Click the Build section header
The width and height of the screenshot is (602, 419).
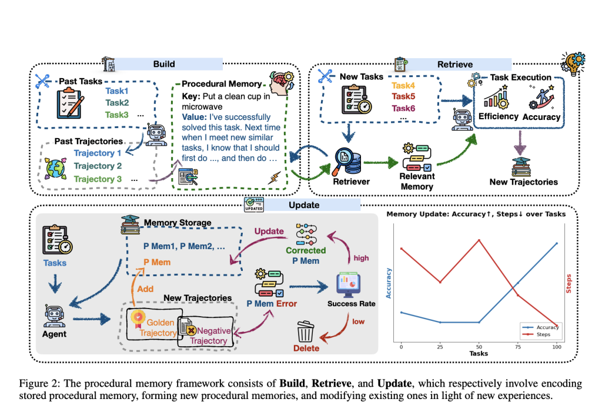coord(164,63)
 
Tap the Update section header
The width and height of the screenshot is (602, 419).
coord(304,205)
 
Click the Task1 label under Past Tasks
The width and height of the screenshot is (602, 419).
coord(116,91)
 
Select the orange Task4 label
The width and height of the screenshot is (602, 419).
coord(403,85)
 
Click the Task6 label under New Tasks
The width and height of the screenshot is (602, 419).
coord(403,108)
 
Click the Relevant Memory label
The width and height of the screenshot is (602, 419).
coord(417,181)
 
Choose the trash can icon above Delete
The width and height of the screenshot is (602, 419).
coord(306,330)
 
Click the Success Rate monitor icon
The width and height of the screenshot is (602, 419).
coord(350,285)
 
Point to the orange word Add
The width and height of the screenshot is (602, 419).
coord(145,289)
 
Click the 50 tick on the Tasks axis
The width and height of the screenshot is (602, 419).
coord(479,346)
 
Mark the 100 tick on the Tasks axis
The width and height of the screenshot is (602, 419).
coord(556,346)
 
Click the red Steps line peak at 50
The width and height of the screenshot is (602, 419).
coord(479,240)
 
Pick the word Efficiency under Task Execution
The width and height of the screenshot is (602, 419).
coord(499,116)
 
